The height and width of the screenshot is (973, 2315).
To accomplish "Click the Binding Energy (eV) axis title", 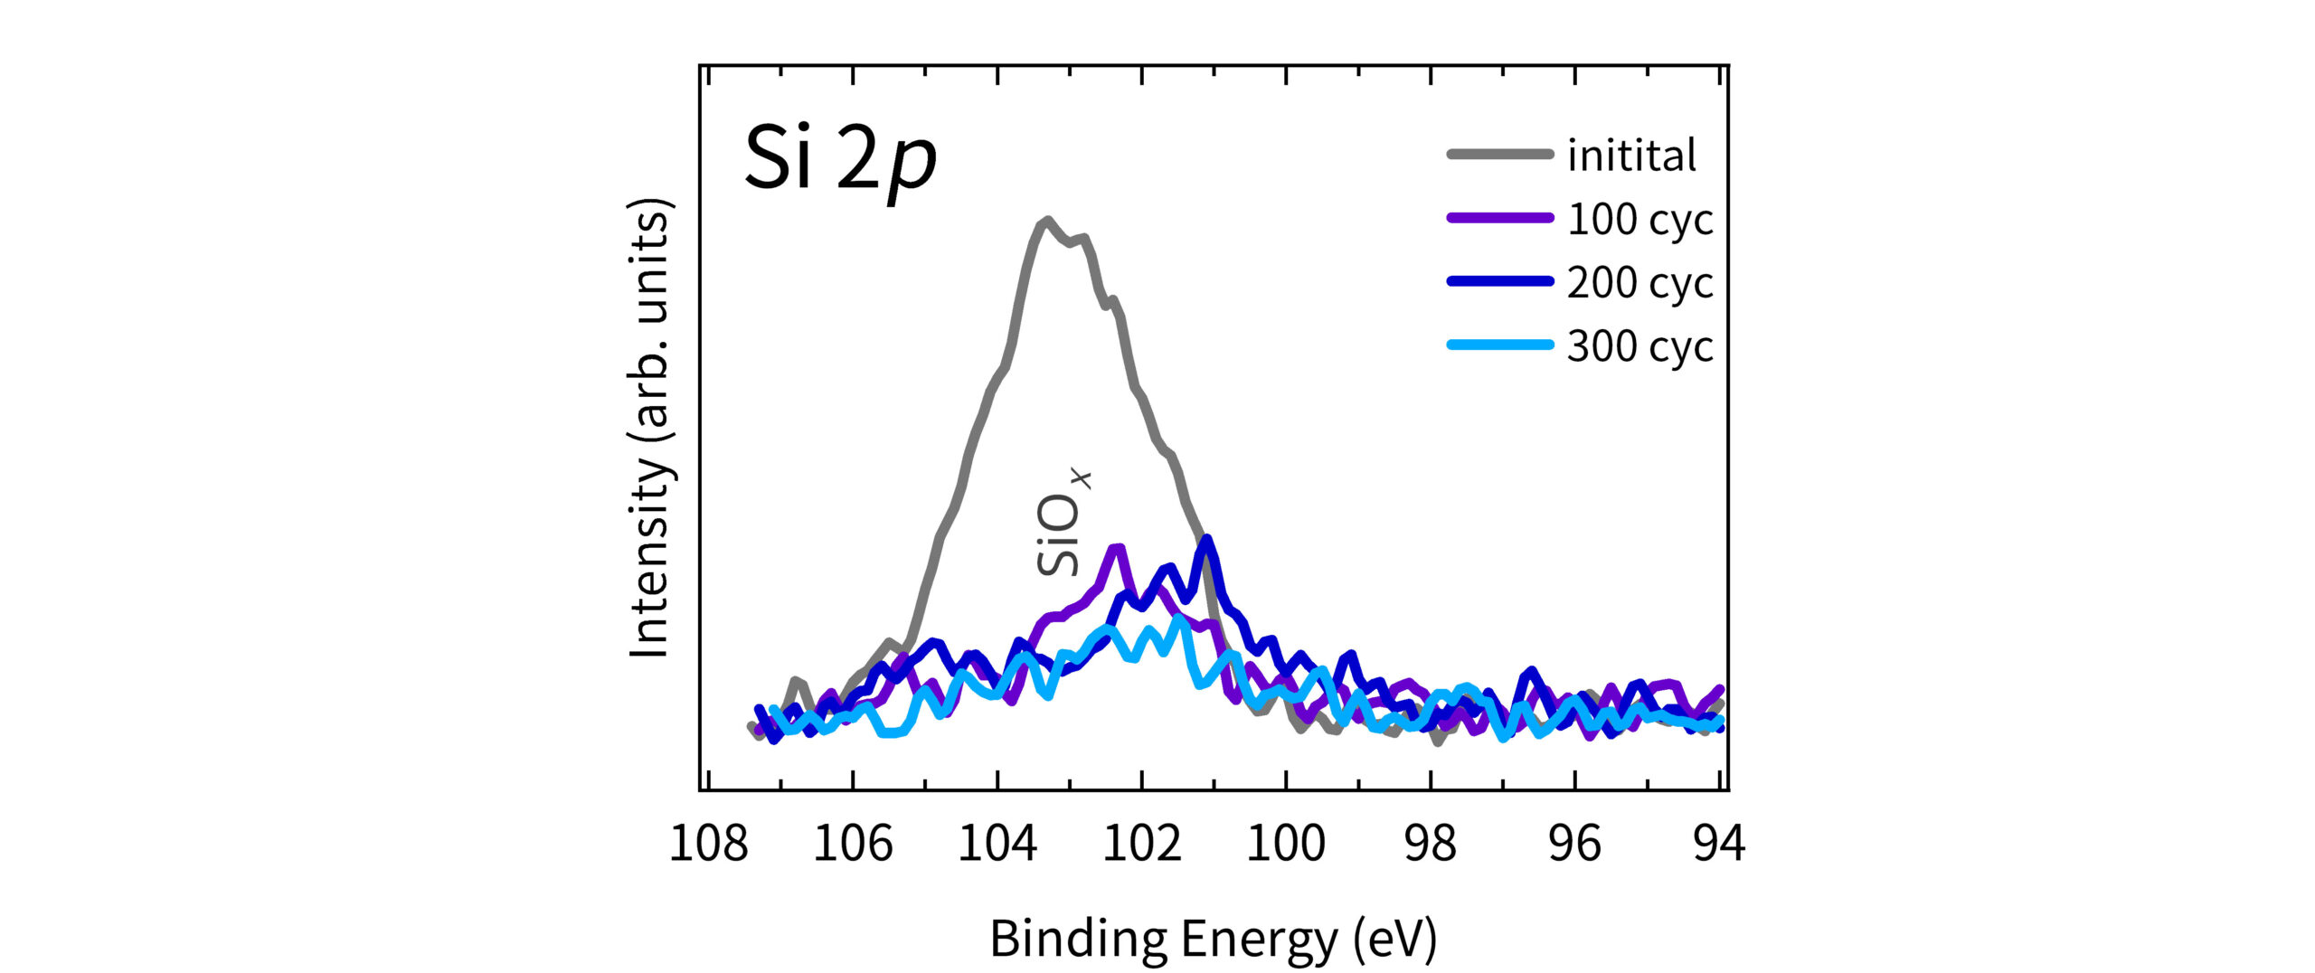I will (x=1213, y=939).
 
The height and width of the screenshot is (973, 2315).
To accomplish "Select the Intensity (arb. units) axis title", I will (x=650, y=427).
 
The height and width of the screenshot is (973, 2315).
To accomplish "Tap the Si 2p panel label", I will (x=839, y=159).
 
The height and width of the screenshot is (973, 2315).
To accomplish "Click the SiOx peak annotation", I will (x=1062, y=523).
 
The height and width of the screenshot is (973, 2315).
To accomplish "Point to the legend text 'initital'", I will (x=1631, y=156).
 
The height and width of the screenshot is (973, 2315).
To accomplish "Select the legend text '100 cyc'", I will (x=1639, y=220).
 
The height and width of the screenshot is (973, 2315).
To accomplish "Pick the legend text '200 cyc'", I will (x=1639, y=283).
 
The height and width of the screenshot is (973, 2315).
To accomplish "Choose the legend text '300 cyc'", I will (x=1639, y=346).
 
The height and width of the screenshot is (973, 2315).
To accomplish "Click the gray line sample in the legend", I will (x=1500, y=155).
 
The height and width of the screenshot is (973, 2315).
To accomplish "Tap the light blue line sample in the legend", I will (x=1500, y=345).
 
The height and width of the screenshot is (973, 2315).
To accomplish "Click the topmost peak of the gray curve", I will (x=1047, y=220).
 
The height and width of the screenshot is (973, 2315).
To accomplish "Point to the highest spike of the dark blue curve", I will (x=1206, y=540).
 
